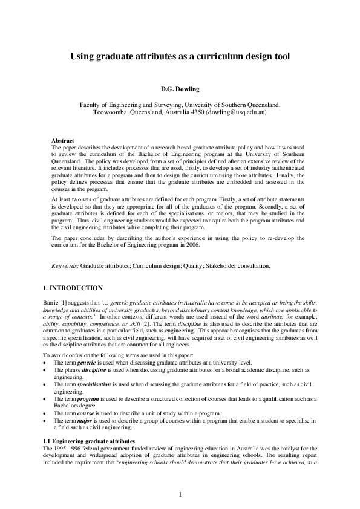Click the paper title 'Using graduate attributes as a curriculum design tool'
coord(180,56)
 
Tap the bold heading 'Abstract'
coord(64,140)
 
